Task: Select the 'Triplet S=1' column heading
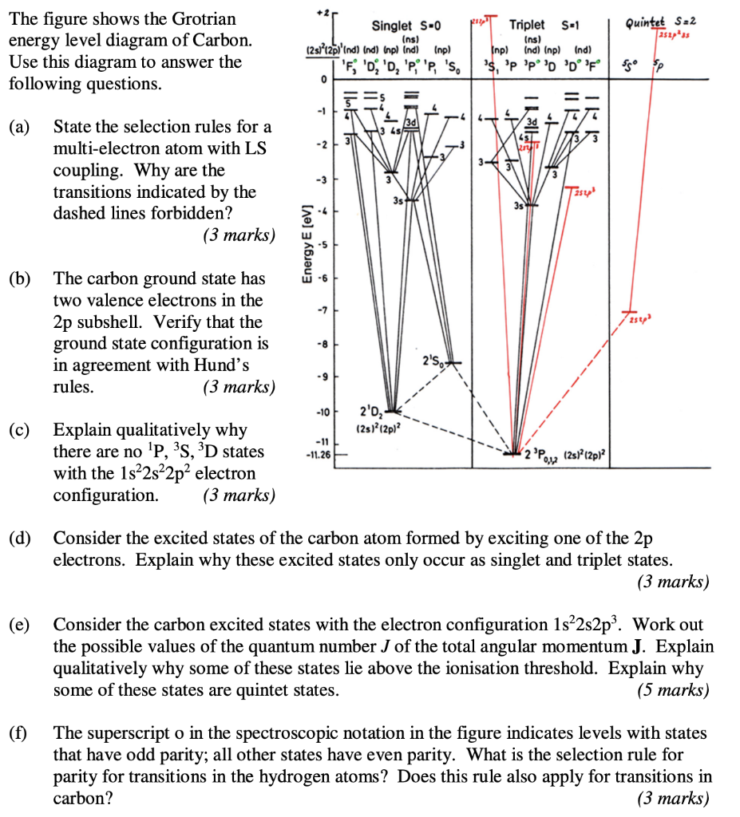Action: pyautogui.click(x=537, y=25)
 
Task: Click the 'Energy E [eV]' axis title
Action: pyautogui.click(x=304, y=240)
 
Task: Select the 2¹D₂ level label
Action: pyautogui.click(x=373, y=412)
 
